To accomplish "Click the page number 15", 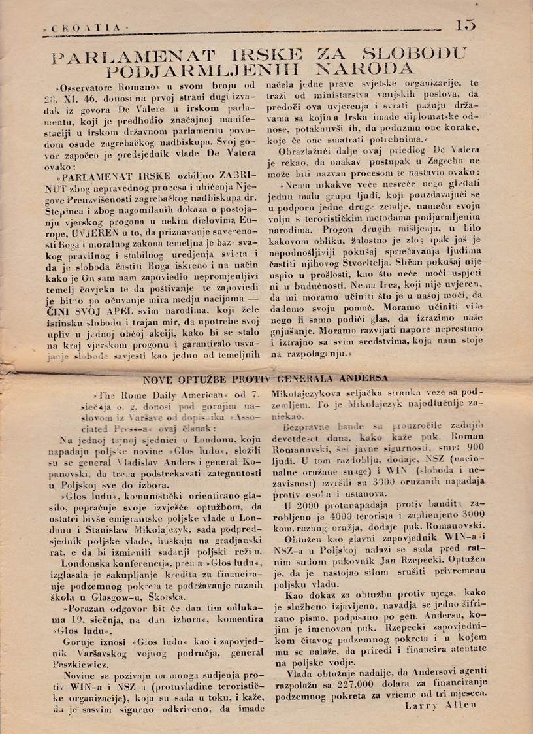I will click(466, 25).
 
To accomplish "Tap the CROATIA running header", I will click(84, 29).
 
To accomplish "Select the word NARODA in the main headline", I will click(362, 69).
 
